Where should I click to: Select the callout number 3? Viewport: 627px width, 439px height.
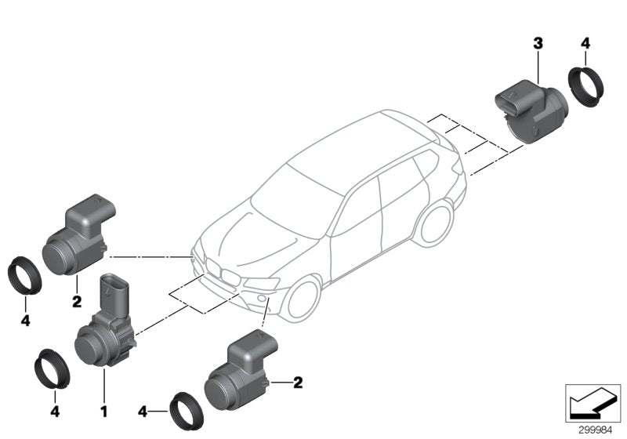coord(538,45)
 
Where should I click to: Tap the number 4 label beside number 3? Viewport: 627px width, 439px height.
coord(585,45)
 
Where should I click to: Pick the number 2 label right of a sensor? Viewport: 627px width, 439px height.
coord(298,383)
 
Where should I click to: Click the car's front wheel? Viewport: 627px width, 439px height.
coord(300,300)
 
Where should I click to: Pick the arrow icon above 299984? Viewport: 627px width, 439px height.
coord(592,402)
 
